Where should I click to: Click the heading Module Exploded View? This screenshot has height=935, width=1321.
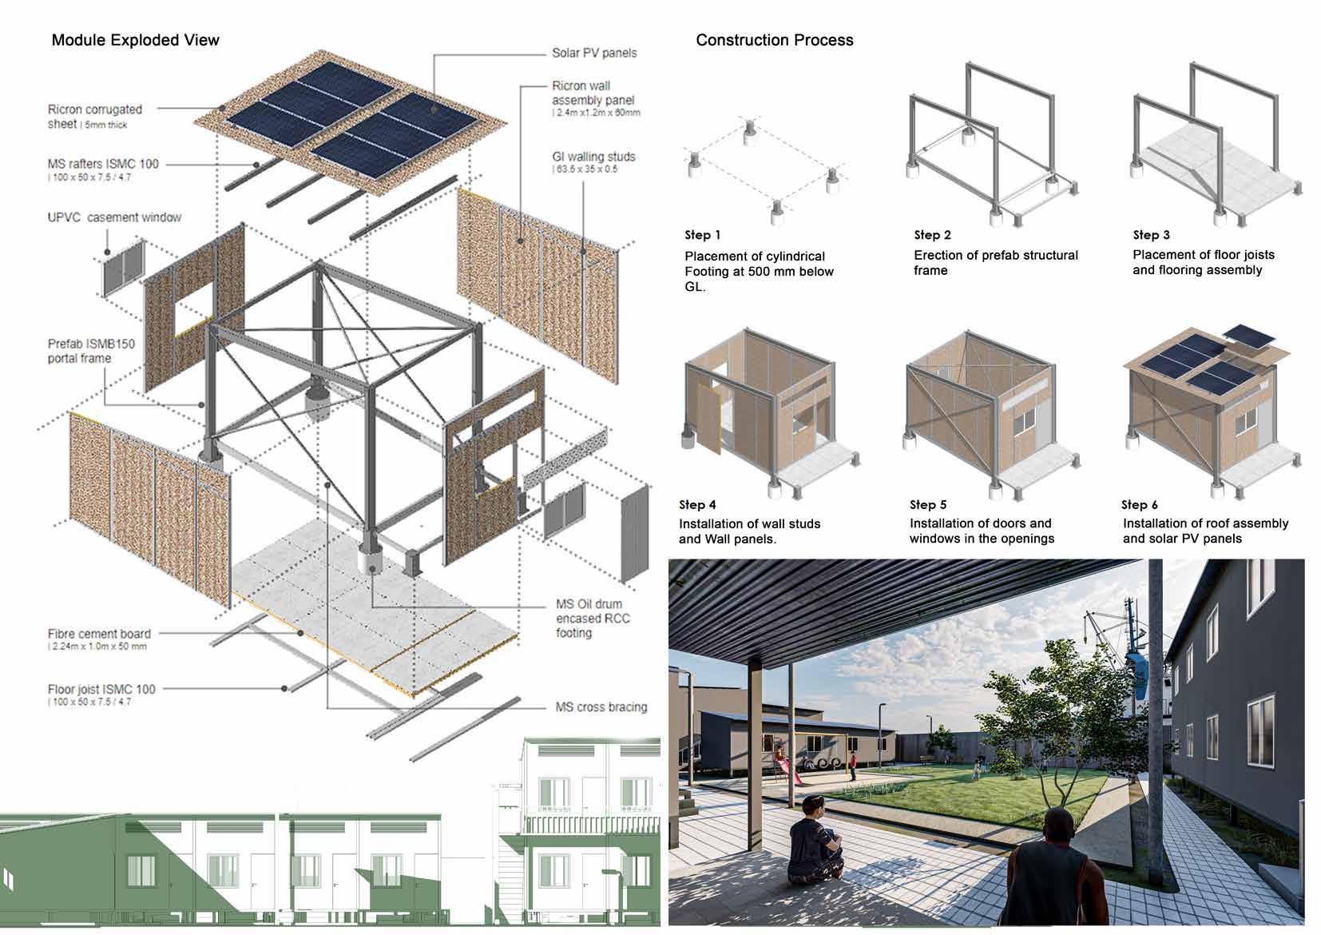click(135, 40)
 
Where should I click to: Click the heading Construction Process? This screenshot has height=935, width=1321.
click(774, 40)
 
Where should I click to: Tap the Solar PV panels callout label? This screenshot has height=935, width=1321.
click(594, 53)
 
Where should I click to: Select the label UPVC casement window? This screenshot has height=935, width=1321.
click(114, 217)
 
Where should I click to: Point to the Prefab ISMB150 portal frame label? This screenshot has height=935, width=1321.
click(91, 351)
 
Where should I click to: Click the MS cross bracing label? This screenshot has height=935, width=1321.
click(601, 707)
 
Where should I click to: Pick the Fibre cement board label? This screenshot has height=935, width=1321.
click(99, 634)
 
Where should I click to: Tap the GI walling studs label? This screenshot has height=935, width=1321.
click(593, 157)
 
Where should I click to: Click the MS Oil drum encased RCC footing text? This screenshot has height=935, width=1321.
click(593, 618)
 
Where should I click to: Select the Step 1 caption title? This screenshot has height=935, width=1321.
click(702, 235)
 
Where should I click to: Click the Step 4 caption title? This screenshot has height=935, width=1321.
click(697, 505)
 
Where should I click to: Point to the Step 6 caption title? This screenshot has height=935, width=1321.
click(1139, 505)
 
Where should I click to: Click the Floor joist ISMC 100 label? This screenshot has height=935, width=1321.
click(101, 689)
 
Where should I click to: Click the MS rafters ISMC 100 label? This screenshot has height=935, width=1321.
click(103, 164)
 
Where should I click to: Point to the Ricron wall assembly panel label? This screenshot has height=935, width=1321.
click(593, 93)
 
